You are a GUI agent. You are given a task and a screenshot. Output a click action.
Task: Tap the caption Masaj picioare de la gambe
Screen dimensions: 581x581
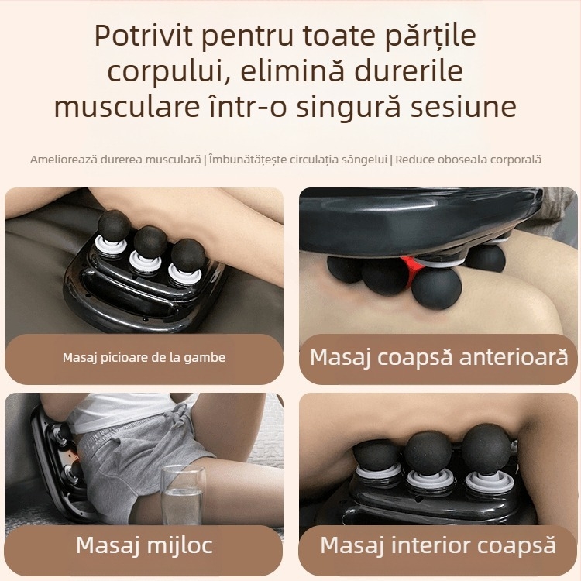[144, 358]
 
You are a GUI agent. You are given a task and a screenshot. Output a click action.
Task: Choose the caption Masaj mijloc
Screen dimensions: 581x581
[143, 545]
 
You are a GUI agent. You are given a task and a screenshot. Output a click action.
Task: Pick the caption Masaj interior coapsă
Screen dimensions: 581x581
[438, 545]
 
